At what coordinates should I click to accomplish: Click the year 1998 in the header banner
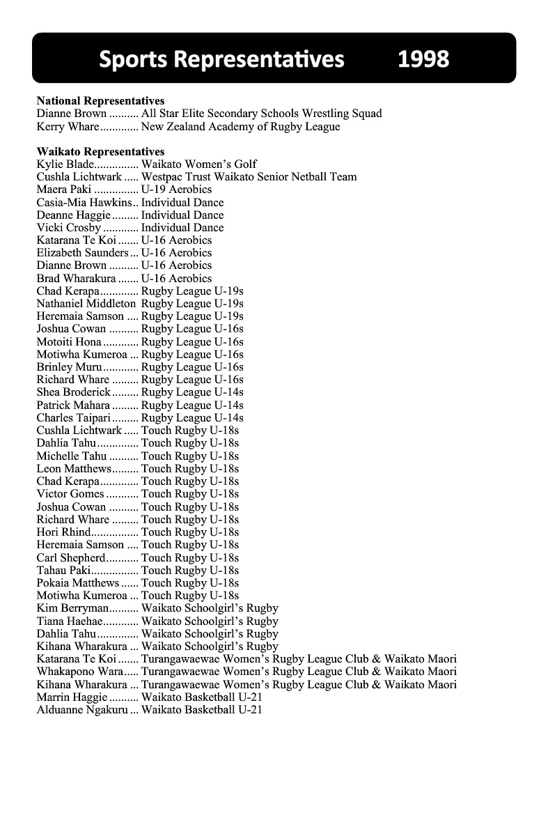click(423, 59)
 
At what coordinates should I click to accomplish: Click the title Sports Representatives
click(221, 59)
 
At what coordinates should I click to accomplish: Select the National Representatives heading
click(100, 101)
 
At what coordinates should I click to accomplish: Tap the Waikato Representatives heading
click(100, 152)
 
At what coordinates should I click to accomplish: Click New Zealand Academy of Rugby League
click(240, 127)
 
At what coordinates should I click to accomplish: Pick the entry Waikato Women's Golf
click(198, 164)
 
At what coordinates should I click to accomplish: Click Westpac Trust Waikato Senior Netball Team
click(249, 177)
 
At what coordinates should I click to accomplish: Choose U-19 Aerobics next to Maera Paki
click(176, 189)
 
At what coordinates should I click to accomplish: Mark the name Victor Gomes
click(70, 494)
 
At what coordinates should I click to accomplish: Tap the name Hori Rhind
click(64, 532)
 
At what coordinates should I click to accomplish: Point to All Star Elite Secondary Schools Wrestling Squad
click(261, 114)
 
